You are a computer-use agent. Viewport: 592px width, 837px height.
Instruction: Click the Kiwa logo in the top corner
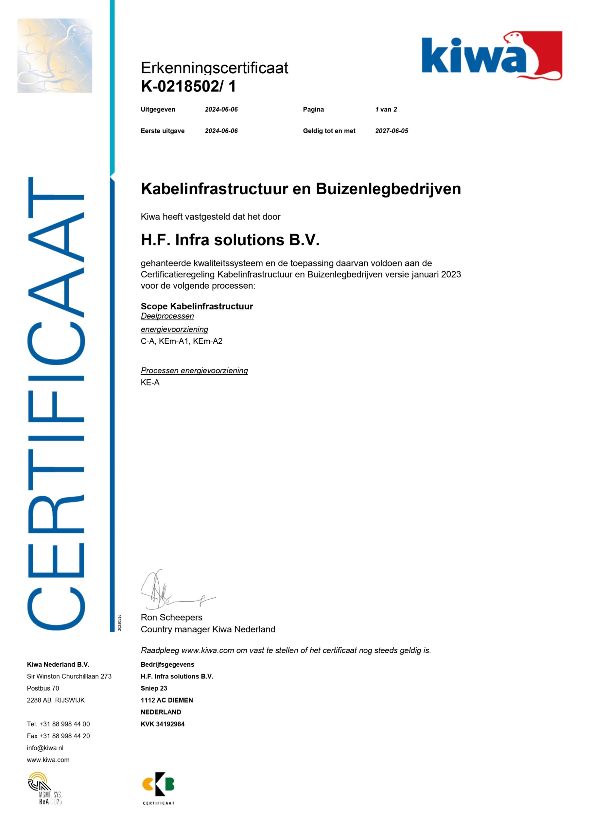pos(491,55)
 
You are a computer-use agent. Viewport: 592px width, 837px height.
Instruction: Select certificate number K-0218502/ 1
pos(188,86)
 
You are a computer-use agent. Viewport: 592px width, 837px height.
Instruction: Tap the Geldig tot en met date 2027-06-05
pos(392,131)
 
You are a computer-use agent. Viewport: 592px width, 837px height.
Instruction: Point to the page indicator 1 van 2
pos(386,109)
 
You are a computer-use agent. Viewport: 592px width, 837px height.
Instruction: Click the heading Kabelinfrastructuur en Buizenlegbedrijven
pos(301,189)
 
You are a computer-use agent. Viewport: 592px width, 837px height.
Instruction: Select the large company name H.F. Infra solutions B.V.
pos(230,240)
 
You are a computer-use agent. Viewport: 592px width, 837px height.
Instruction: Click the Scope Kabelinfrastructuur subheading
pos(197,306)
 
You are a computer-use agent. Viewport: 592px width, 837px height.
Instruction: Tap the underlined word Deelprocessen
pos(167,316)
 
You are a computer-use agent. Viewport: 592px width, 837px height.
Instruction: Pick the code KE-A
pos(150,383)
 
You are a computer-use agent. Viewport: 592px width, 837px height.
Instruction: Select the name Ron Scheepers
pos(171,617)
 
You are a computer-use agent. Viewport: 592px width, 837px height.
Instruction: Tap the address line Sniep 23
pos(154,688)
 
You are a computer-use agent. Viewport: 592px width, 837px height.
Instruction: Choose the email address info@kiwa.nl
pos(45,748)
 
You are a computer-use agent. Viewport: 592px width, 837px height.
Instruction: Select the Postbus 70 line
pos(43,688)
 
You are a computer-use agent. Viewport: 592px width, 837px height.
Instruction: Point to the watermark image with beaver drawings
pos(55,55)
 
